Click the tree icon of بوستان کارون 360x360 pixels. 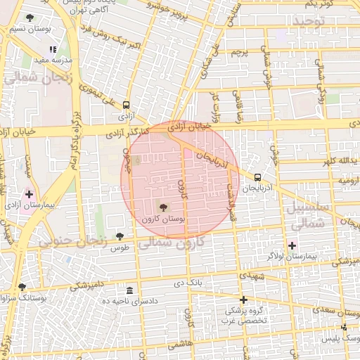click(164, 207)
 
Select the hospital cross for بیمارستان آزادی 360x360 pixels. click(29, 193)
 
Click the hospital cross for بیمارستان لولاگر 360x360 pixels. click(292, 245)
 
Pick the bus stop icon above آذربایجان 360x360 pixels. click(258, 177)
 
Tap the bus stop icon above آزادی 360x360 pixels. click(127, 103)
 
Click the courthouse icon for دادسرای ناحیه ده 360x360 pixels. click(129, 290)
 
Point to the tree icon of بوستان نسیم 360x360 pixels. click(29, 18)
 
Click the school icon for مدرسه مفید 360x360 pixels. click(53, 50)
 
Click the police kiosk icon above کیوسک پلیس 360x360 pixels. click(344, 328)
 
